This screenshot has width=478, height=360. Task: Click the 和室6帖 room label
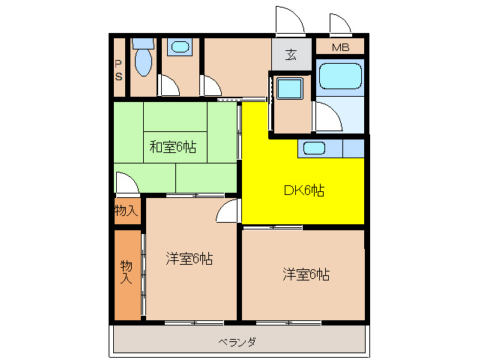click(x=172, y=147)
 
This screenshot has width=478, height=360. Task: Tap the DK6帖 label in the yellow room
click(x=303, y=190)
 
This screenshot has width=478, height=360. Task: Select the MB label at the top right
click(x=340, y=48)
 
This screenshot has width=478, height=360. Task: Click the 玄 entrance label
click(x=291, y=55)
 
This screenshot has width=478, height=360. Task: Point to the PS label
click(x=119, y=70)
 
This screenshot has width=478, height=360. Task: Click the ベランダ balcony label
click(x=238, y=342)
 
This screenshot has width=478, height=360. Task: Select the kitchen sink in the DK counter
click(x=313, y=148)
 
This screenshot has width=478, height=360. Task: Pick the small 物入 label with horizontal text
click(x=126, y=211)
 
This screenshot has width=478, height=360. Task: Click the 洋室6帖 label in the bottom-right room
click(x=306, y=274)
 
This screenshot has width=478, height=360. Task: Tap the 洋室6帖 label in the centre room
click(x=189, y=259)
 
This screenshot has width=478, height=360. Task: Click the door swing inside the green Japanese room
click(x=126, y=181)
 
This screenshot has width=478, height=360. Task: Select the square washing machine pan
click(x=288, y=89)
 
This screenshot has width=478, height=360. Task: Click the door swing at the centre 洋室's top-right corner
click(x=227, y=213)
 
